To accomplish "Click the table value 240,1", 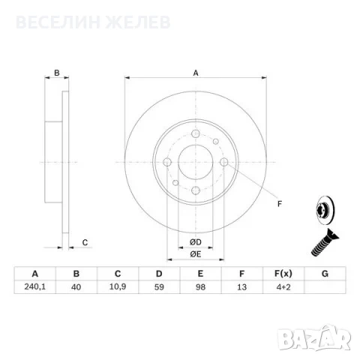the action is click(35, 286).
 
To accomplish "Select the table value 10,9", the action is click(118, 286).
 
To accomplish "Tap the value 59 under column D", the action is click(159, 286).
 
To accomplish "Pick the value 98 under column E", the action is click(200, 286).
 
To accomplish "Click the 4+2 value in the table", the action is click(283, 286).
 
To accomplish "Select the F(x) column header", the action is click(283, 274).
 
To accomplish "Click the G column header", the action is click(325, 274).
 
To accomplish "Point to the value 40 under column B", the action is click(76, 286).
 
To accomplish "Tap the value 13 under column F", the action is click(241, 286).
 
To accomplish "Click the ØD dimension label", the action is click(196, 242).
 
